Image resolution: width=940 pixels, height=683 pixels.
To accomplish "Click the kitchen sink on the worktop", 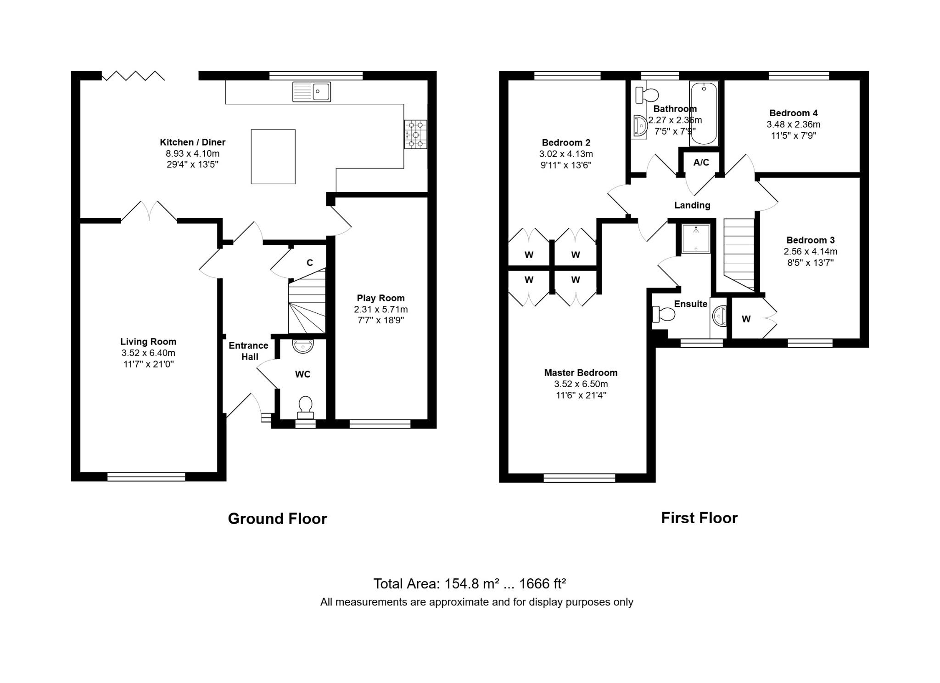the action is click(x=312, y=91).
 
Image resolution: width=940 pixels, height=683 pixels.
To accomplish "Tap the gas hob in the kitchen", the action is click(x=416, y=135).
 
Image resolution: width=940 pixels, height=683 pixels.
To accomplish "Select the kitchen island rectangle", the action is click(x=273, y=157).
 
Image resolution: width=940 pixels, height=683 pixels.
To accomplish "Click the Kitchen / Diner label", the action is click(x=193, y=142).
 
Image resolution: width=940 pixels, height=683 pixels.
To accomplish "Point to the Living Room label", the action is click(x=148, y=342).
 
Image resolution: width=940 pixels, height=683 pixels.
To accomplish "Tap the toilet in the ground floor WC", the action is click(x=305, y=408).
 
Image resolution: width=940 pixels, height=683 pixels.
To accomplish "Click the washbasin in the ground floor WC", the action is click(x=303, y=346).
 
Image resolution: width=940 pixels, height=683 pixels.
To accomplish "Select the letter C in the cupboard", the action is click(x=310, y=263).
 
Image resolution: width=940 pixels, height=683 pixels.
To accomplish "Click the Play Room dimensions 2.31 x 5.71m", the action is click(x=381, y=310).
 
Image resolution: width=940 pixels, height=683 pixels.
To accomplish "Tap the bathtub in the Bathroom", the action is click(x=704, y=113).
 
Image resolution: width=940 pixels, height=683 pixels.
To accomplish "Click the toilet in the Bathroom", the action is click(x=647, y=95).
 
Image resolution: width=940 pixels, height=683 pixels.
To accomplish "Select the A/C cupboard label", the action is click(x=701, y=162).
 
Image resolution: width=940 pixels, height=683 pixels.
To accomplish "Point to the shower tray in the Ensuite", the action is click(x=696, y=239).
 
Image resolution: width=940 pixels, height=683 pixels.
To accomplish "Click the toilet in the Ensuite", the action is click(x=664, y=315).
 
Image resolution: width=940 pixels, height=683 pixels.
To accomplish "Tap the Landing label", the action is click(x=692, y=205).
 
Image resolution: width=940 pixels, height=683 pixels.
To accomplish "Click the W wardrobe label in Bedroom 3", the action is click(x=746, y=319).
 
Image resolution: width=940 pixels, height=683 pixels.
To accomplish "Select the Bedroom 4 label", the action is click(x=794, y=113).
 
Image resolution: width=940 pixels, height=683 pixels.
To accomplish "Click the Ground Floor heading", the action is click(x=278, y=519).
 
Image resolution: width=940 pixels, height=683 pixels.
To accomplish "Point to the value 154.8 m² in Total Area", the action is click(x=470, y=583).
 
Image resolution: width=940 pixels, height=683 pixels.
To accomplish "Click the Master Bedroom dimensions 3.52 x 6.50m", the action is click(x=581, y=384).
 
